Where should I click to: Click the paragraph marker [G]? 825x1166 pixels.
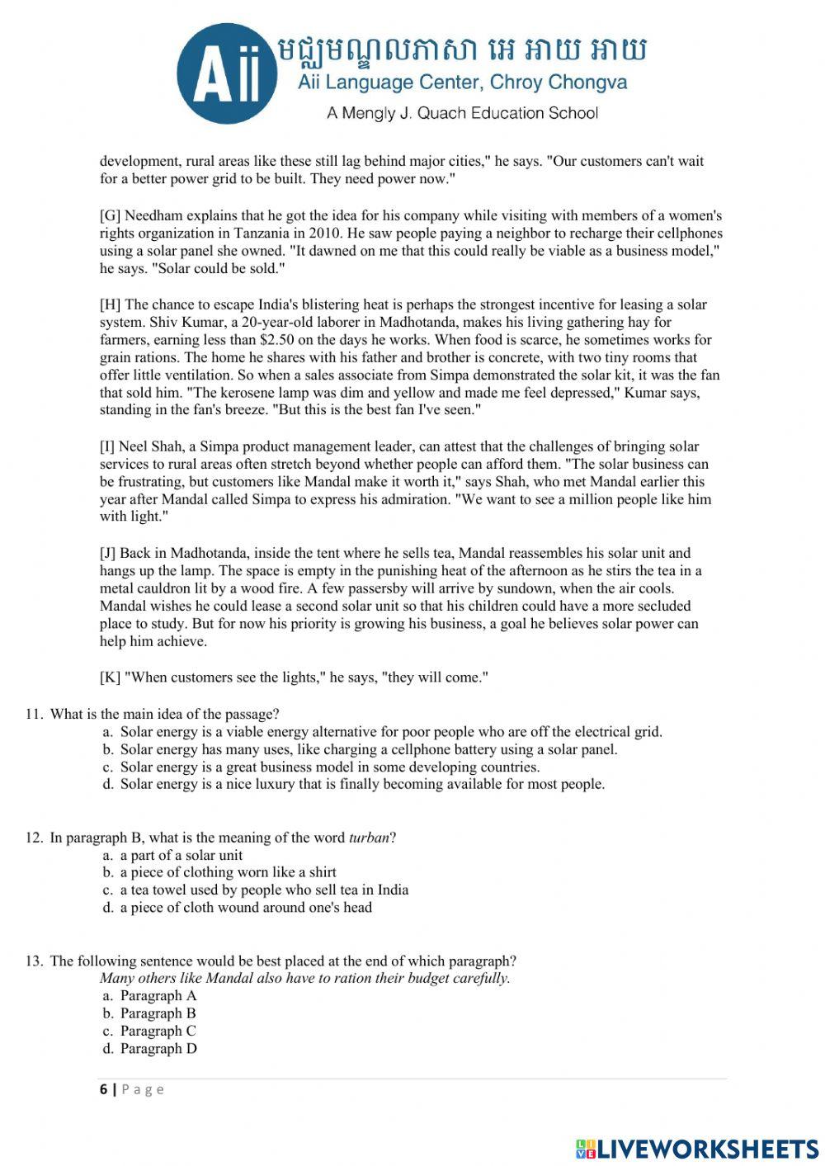(x=110, y=215)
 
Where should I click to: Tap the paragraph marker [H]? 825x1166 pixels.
(x=111, y=304)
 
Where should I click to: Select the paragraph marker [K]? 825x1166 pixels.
(x=110, y=677)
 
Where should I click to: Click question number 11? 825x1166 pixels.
(x=34, y=715)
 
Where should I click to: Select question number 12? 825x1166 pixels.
(x=34, y=838)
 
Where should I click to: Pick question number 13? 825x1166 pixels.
(x=34, y=961)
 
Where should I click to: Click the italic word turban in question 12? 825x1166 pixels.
(x=368, y=838)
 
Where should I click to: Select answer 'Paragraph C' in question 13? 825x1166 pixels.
(x=158, y=1031)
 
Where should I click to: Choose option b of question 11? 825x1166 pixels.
(x=369, y=750)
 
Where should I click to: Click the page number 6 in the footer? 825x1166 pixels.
(x=104, y=1089)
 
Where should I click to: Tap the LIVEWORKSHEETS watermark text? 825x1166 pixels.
(x=707, y=1148)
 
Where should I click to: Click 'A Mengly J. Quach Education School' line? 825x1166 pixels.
(x=462, y=113)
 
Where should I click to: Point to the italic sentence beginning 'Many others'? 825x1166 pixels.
(x=305, y=979)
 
